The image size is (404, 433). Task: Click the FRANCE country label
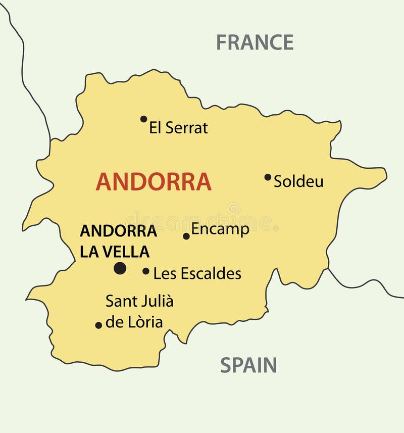click(255, 42)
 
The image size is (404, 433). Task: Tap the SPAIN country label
click(248, 365)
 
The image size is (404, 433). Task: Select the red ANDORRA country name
click(154, 182)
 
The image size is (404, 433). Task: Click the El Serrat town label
click(178, 128)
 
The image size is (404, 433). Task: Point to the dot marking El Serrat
click(143, 119)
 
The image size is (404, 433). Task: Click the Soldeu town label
click(298, 182)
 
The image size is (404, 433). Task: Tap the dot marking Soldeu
click(268, 177)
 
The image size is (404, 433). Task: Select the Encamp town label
click(220, 229)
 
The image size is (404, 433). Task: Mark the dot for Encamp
click(186, 236)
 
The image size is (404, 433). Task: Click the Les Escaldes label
click(197, 274)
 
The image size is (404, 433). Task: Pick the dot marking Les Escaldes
click(145, 271)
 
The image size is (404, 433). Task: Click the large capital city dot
click(120, 268)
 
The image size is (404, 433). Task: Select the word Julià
click(157, 301)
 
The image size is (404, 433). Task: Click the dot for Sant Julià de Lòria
click(98, 325)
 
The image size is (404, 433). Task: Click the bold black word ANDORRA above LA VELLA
click(118, 231)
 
